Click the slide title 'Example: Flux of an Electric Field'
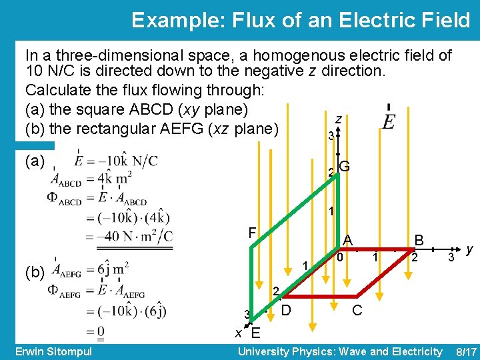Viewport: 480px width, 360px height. (301, 20)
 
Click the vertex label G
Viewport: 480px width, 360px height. (345, 167)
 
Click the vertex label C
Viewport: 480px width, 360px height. (357, 311)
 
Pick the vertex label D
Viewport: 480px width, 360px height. (286, 311)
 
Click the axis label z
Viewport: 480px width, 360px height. (339, 119)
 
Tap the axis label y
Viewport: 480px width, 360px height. (470, 249)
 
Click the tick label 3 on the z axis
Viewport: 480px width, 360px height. (331, 136)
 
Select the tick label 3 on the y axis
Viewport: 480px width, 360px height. (451, 257)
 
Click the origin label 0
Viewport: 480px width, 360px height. (339, 257)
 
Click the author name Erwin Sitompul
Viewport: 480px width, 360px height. (53, 351)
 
